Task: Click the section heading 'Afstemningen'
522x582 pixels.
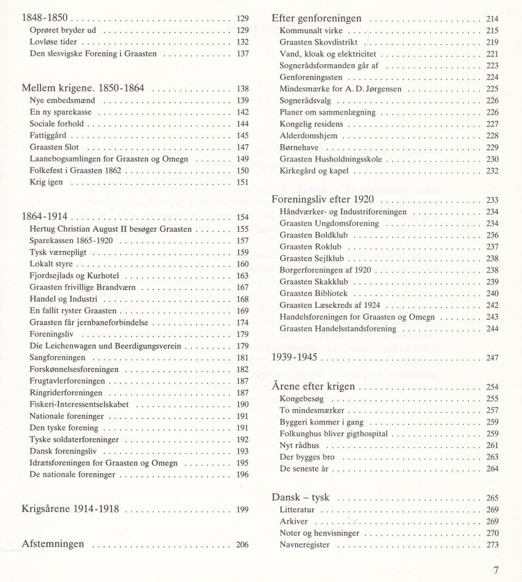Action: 53,543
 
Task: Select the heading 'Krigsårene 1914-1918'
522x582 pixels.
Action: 70,509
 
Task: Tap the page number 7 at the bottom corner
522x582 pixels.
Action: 495,570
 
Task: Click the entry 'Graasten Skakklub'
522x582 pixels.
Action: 314,282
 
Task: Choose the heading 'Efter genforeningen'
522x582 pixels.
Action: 316,18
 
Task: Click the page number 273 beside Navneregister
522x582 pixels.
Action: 492,544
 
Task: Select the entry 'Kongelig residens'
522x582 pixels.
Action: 311,124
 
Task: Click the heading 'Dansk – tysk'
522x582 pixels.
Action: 301,497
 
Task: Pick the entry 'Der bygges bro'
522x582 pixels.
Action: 307,457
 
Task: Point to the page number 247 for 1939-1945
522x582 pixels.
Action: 492,358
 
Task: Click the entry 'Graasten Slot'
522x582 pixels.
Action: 54,147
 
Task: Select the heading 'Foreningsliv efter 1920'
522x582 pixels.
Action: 322,199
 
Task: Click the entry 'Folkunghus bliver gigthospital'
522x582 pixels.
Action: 333,434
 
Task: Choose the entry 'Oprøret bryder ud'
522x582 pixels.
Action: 63,30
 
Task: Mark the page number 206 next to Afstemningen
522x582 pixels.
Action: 242,544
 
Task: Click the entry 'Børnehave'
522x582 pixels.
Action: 299,147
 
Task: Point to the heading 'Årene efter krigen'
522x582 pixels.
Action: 313,386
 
